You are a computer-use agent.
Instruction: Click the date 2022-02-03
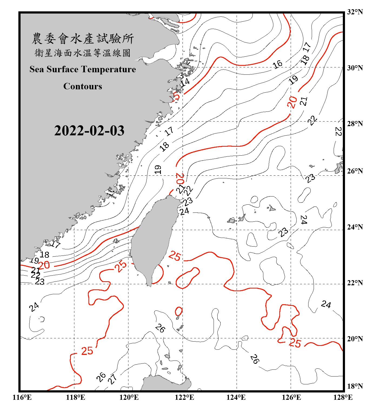[89, 131]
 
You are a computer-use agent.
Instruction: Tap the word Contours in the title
[83, 86]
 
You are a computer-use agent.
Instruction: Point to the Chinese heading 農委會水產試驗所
[83, 39]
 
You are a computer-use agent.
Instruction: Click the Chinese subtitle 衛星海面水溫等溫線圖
[83, 53]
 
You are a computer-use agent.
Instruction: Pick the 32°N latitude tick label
[355, 12]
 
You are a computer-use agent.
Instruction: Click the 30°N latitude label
[355, 68]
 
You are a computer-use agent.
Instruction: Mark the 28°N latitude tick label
[355, 124]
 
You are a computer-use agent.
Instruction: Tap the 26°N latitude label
[355, 171]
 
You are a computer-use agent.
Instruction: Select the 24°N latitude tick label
[355, 227]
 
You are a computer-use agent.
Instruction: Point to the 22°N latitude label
[355, 283]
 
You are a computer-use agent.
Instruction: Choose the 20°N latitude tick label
[355, 339]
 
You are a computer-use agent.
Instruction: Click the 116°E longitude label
[22, 398]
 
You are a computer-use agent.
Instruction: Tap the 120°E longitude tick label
[129, 398]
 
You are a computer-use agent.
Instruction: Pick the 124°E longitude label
[236, 398]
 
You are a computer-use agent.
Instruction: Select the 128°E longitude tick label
[343, 398]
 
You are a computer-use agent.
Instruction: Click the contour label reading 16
[277, 64]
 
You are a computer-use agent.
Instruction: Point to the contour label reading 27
[112, 379]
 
